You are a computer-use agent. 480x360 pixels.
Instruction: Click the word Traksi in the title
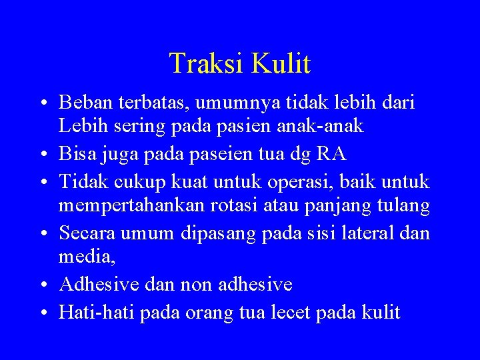[x=207, y=63]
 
